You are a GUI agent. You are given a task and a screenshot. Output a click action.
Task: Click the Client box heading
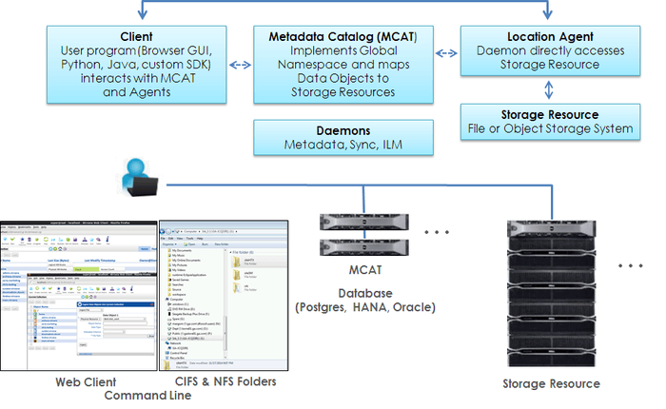click(x=137, y=35)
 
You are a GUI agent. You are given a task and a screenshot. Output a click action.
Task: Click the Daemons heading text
click(x=343, y=129)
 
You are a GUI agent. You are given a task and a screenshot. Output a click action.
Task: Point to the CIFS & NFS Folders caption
click(x=225, y=381)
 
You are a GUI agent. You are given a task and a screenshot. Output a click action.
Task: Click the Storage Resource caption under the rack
click(x=551, y=383)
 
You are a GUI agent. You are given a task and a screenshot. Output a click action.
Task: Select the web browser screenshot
click(x=78, y=295)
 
